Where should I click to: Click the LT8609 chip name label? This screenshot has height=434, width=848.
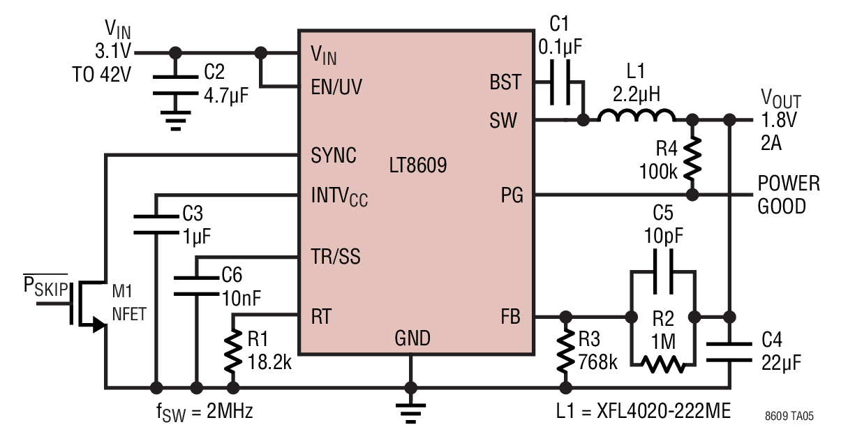coord(418,165)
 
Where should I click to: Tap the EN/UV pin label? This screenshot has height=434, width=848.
coord(336,87)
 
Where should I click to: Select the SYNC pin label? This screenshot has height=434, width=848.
coord(334,155)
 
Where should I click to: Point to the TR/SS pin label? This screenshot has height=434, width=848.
coord(336,256)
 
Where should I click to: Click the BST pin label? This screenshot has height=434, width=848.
coord(505,82)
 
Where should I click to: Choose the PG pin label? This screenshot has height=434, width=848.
coord(512,195)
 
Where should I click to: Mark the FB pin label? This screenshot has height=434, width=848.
coord(511,316)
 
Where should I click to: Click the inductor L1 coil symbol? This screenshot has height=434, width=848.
coord(637,115)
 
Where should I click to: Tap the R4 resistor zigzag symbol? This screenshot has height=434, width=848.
coord(692,158)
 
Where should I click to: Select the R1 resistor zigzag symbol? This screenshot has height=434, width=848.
coord(233,350)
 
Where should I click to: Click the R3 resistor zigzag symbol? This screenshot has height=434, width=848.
coord(565,350)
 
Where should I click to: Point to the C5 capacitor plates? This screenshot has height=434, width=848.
coord(663,271)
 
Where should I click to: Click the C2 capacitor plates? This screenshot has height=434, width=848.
coord(175,84)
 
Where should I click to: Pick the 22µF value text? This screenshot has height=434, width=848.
coord(782,363)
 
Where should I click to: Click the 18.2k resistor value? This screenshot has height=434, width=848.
coord(269,362)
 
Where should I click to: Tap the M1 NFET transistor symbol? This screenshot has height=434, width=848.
coord(88,303)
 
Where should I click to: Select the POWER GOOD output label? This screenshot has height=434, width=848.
coord(789,195)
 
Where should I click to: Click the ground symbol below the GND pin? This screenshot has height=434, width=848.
coord(411,413)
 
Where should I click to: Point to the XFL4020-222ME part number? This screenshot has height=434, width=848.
coord(664,411)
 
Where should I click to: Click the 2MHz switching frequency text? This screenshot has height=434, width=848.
coord(230,411)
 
